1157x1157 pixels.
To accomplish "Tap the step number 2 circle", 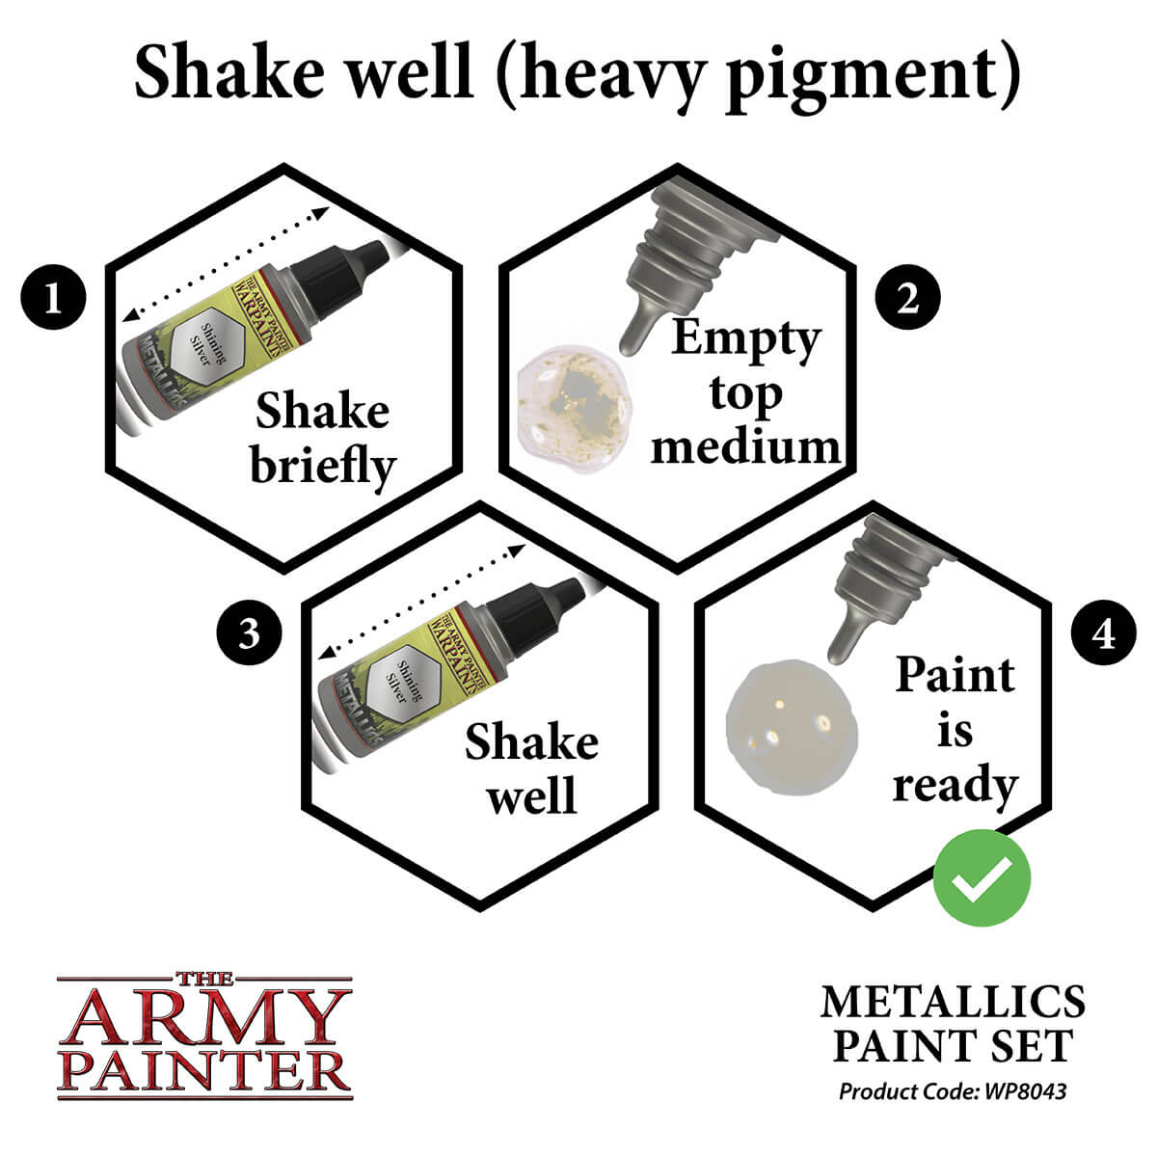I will click(907, 298).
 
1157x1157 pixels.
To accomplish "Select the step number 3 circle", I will click(249, 634).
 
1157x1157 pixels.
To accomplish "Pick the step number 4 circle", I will click(1104, 634).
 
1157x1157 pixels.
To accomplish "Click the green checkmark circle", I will click(982, 877).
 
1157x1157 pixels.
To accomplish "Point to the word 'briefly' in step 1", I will click(323, 467).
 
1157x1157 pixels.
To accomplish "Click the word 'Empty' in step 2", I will click(745, 339).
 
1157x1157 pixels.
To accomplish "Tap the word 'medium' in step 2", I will click(745, 447).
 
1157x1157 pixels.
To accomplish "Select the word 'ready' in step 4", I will click(955, 786).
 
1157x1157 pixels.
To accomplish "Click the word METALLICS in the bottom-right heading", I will click(953, 1003).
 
